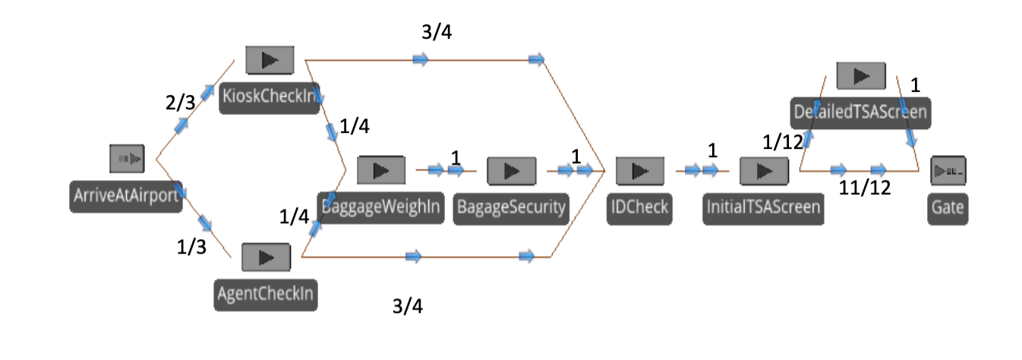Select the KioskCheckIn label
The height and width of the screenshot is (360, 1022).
(270, 98)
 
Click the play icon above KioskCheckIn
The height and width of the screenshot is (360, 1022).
(270, 60)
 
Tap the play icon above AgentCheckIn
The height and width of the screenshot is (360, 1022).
(266, 257)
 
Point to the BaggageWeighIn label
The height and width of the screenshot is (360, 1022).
(381, 207)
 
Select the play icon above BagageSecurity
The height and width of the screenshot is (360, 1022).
(511, 171)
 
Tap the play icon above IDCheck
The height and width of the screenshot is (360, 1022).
(639, 171)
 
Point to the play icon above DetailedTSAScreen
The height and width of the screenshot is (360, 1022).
(861, 76)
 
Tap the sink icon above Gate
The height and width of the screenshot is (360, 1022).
(948, 171)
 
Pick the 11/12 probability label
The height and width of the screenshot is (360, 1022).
(864, 188)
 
